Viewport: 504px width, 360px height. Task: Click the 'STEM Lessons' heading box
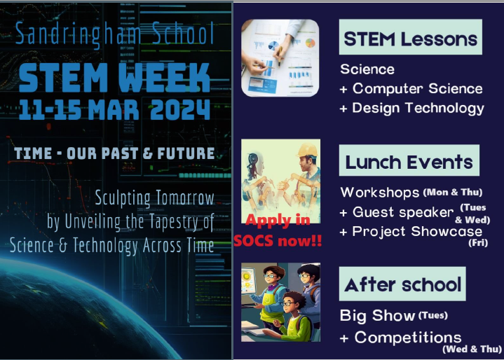click(x=411, y=37)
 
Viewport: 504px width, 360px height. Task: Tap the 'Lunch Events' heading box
click(x=409, y=160)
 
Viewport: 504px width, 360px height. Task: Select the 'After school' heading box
click(x=402, y=284)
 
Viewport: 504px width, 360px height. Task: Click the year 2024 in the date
click(x=180, y=109)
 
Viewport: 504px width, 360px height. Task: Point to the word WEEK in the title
click(x=164, y=78)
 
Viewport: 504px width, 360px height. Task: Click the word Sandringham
click(x=78, y=34)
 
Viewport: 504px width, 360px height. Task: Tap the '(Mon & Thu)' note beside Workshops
click(x=453, y=192)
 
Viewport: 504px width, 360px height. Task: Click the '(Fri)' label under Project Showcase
click(x=478, y=242)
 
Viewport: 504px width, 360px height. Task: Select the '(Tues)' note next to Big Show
click(x=433, y=315)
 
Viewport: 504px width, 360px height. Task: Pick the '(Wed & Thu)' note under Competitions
click(x=472, y=349)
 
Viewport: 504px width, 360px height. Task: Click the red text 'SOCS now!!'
click(x=278, y=240)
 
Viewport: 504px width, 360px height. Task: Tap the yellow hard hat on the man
click(x=307, y=150)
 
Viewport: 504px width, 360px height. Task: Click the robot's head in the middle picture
click(x=255, y=165)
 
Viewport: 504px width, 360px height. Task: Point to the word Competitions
click(x=408, y=338)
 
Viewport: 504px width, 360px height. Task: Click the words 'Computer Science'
click(x=418, y=89)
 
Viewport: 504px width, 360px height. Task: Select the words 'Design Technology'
click(x=418, y=109)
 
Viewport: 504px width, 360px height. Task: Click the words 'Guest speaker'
click(x=403, y=212)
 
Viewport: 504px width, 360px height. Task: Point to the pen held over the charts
click(x=280, y=56)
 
